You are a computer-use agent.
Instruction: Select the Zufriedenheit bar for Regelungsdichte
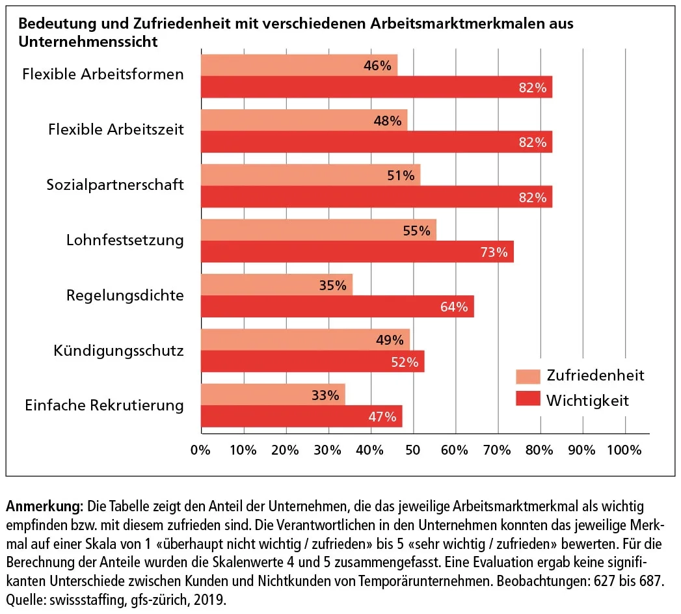[x=276, y=285]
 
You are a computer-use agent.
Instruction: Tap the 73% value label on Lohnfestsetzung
[x=494, y=252]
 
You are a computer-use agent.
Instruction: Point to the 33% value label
[x=325, y=395]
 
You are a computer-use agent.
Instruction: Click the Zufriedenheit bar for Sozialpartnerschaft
[x=310, y=175]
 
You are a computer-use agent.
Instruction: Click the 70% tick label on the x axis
[x=498, y=449]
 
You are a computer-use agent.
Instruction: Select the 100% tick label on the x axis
[x=624, y=449]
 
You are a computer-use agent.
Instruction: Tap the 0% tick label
[x=201, y=449]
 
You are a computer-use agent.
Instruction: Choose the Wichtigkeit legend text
[x=587, y=400]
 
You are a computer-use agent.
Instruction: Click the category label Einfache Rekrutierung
[x=104, y=406]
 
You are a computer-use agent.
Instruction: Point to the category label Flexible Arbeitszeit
[x=116, y=129]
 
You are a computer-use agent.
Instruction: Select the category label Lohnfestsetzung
[x=125, y=240]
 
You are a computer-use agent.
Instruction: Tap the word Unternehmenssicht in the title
[x=88, y=42]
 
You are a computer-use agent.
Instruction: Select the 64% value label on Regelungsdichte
[x=454, y=307]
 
